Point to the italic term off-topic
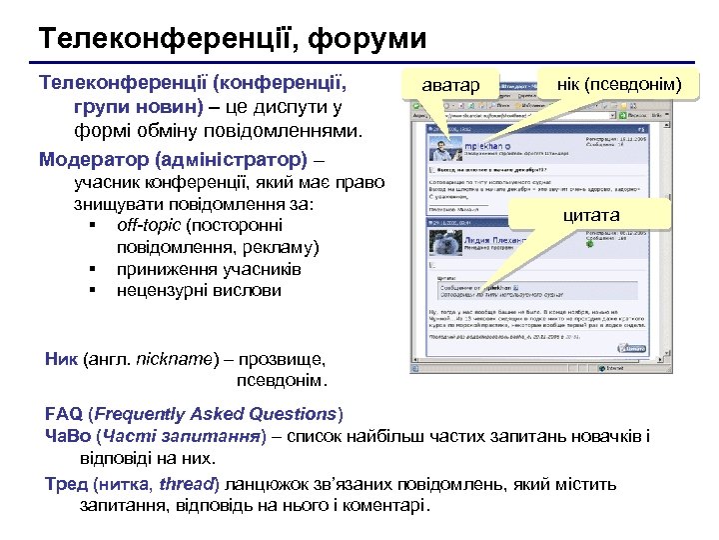149,225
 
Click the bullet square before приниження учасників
92,269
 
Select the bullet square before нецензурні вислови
92,291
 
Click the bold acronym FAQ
64,414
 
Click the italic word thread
187,484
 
